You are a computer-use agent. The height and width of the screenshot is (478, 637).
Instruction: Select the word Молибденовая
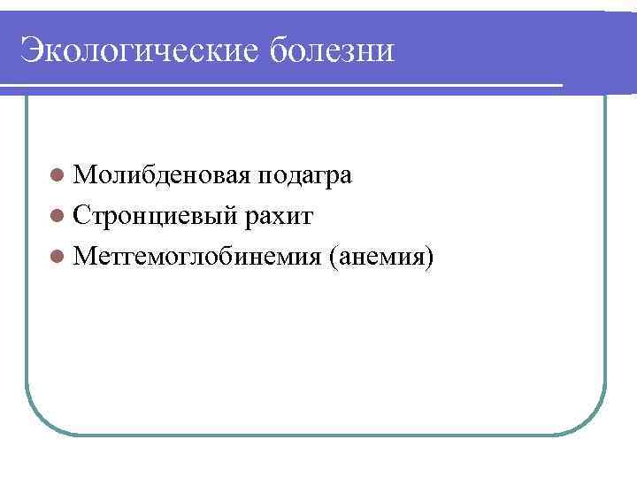[164, 175]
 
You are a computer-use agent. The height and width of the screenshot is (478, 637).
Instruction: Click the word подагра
[305, 175]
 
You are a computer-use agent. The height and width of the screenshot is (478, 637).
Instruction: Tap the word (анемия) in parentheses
[381, 257]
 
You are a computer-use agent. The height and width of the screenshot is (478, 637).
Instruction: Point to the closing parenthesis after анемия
[431, 258]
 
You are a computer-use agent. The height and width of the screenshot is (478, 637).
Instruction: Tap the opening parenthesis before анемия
[332, 258]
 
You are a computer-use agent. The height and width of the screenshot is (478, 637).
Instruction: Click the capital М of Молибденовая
[85, 175]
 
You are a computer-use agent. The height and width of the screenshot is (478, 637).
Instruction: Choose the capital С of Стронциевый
[83, 216]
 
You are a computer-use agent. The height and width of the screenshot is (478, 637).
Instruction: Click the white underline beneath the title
[283, 85]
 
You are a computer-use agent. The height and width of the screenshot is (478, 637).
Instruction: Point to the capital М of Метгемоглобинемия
[85, 257]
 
